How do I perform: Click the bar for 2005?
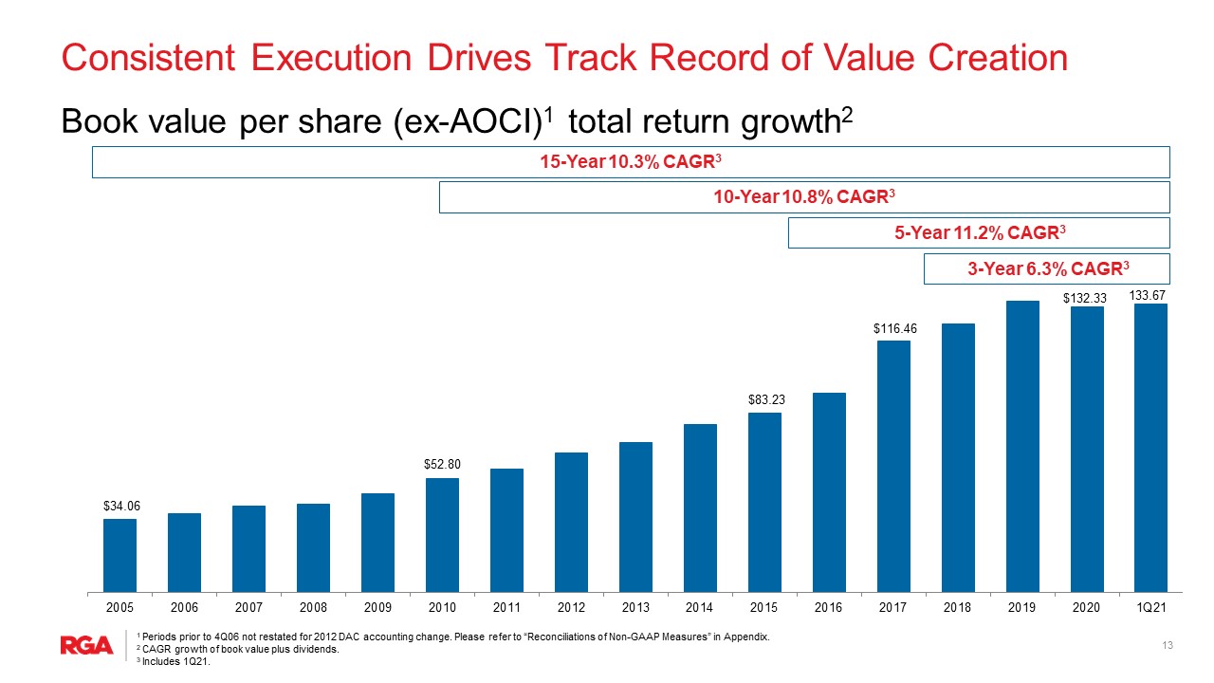[120, 555]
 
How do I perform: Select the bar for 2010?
[442, 535]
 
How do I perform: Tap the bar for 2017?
[893, 466]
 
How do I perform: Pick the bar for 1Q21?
[1150, 448]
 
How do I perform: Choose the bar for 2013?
[635, 517]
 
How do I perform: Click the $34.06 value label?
[121, 506]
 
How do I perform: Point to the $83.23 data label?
[766, 399]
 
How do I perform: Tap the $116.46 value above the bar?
[894, 328]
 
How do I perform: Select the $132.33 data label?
[1084, 298]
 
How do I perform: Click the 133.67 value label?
[1147, 295]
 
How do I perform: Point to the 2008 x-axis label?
[313, 608]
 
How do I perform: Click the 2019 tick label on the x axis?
[1021, 608]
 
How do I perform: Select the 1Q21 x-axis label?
[1150, 608]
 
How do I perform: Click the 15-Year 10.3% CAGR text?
[631, 161]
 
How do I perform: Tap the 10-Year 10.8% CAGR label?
[803, 196]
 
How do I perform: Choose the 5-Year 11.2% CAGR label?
[980, 232]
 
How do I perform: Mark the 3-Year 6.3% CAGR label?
[1048, 268]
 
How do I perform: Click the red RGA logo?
[86, 645]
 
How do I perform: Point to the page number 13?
[1168, 645]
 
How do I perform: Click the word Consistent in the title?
[148, 58]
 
